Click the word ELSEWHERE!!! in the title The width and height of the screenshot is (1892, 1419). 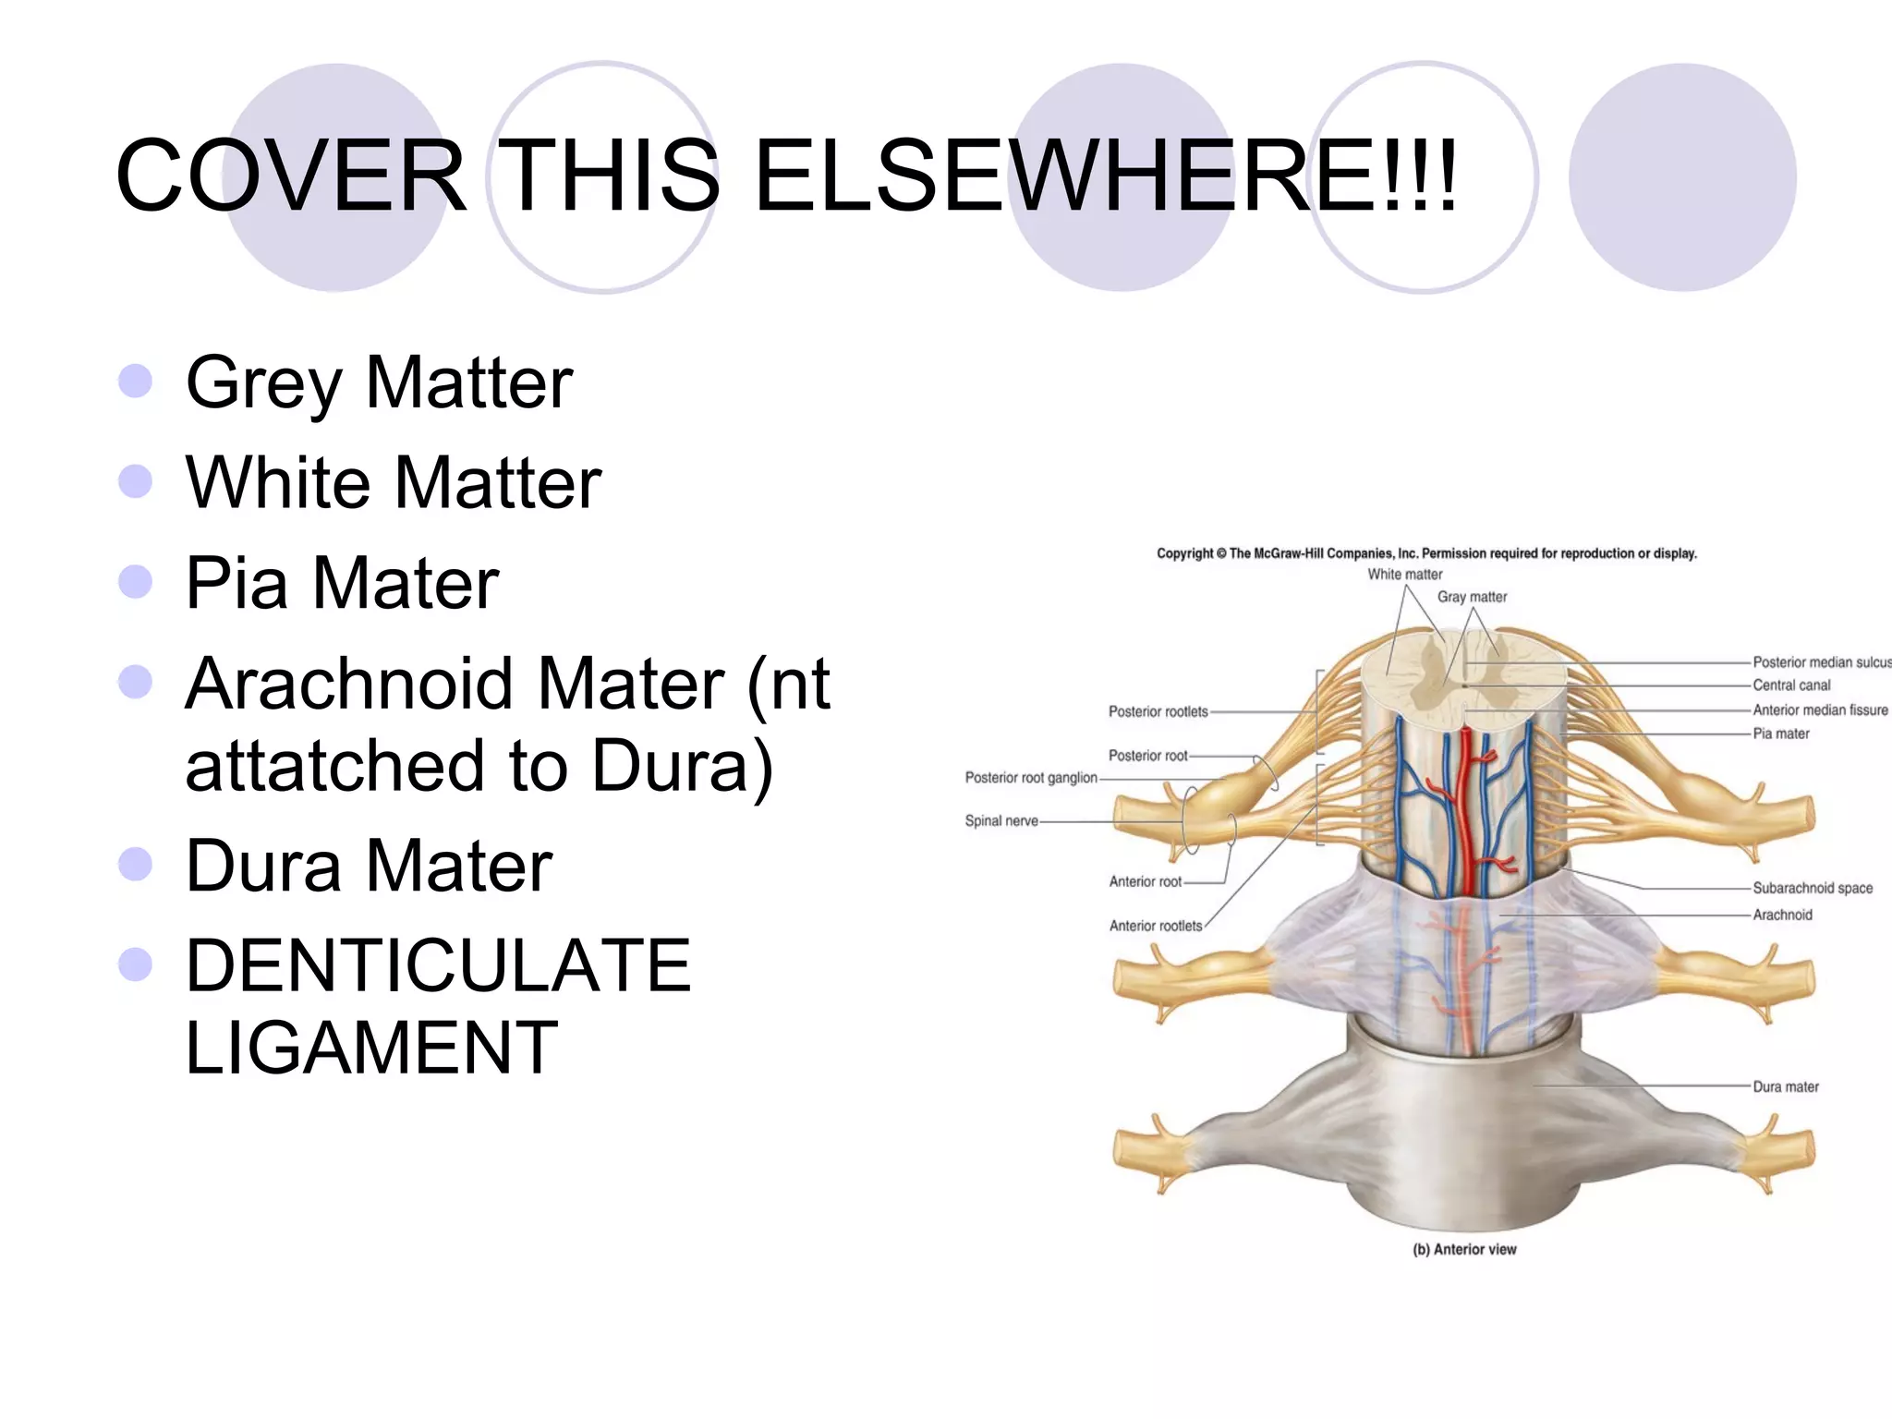[1105, 176]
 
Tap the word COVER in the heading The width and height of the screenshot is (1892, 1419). [291, 176]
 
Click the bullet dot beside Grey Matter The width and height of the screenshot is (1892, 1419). [136, 381]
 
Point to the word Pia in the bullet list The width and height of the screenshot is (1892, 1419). [236, 583]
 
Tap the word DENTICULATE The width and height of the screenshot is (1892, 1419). [438, 965]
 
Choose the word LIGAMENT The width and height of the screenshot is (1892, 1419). [371, 1048]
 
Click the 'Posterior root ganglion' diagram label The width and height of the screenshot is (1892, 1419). [1031, 778]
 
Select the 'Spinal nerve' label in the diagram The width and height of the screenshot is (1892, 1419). [1001, 820]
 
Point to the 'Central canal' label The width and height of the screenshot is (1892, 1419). [1791, 685]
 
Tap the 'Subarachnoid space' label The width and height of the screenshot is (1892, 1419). [1813, 888]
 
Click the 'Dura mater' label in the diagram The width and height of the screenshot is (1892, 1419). [1786, 1086]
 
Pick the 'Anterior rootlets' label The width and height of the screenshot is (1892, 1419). [1156, 926]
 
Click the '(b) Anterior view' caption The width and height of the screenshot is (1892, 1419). [1464, 1249]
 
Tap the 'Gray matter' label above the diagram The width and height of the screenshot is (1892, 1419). [1472, 597]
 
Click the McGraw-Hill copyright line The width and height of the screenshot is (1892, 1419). [1426, 553]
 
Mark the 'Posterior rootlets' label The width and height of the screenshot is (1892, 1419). [1158, 711]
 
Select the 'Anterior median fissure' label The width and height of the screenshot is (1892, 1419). [1820, 709]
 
